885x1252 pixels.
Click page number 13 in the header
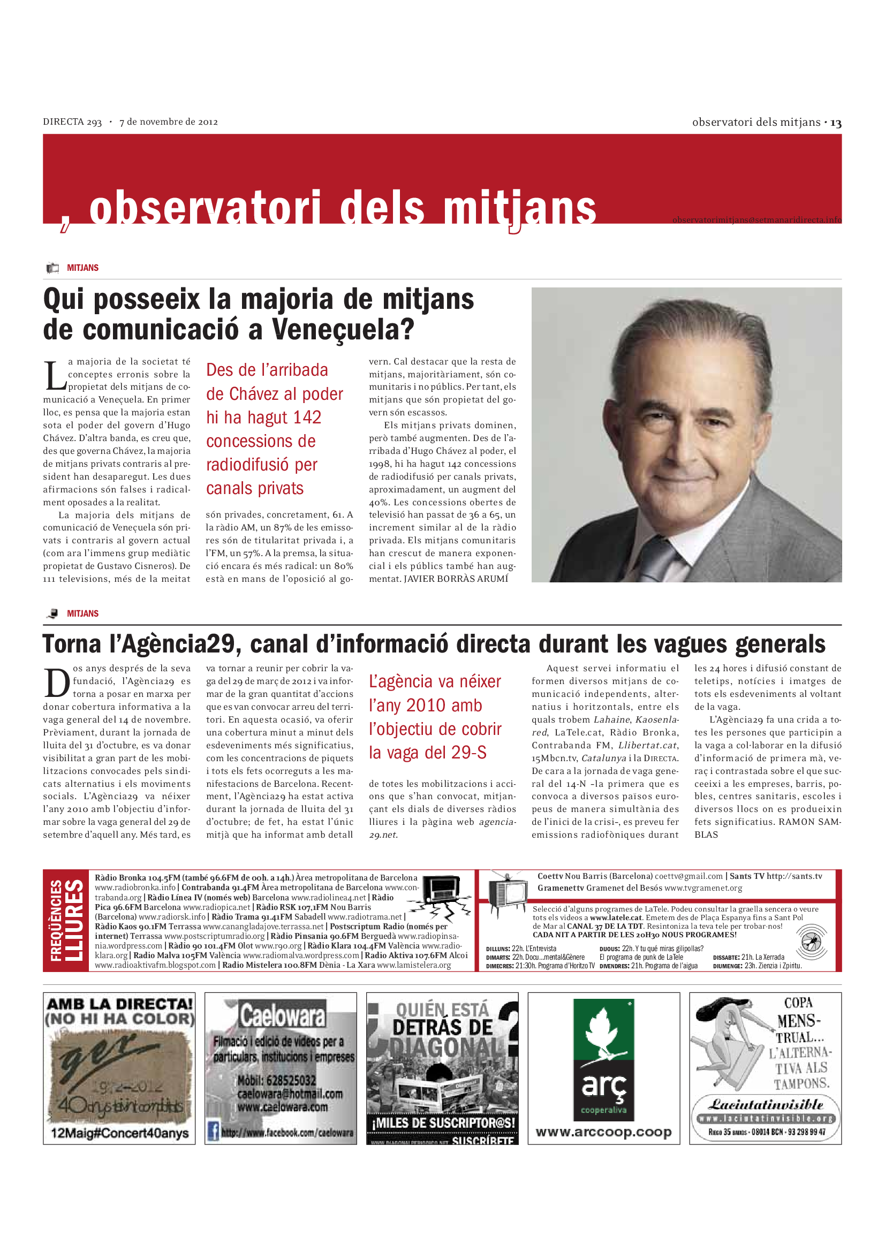tap(835, 123)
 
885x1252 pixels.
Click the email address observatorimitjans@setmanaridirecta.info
tap(757, 220)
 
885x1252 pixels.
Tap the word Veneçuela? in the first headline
tap(343, 329)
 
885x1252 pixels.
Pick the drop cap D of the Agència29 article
tap(57, 682)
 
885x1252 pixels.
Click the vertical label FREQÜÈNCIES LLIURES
tap(66, 921)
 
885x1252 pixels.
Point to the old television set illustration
tap(507, 893)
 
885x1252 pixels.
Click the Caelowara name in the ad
tap(282, 1015)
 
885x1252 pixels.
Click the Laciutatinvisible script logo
tap(765, 1105)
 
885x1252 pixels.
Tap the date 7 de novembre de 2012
tap(169, 122)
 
